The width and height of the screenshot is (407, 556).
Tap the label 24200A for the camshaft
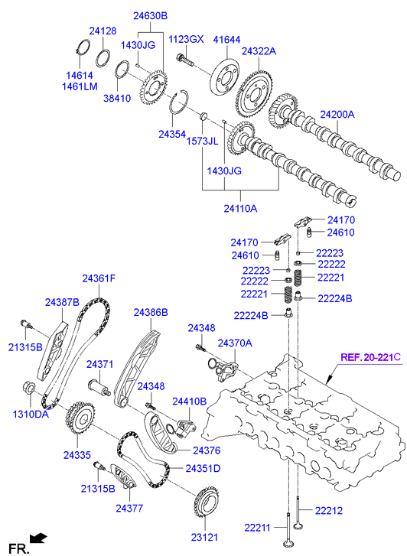click(337, 115)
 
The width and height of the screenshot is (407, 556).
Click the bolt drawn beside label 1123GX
click(186, 57)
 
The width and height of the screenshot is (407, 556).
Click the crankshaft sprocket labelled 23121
click(207, 504)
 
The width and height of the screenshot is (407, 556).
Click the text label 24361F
click(99, 278)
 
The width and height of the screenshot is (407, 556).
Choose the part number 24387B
click(62, 303)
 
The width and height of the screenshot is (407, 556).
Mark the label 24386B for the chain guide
click(151, 312)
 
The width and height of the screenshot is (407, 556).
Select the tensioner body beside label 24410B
click(184, 424)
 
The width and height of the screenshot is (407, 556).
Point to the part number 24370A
click(235, 343)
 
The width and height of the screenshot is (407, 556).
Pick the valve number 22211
click(258, 528)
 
